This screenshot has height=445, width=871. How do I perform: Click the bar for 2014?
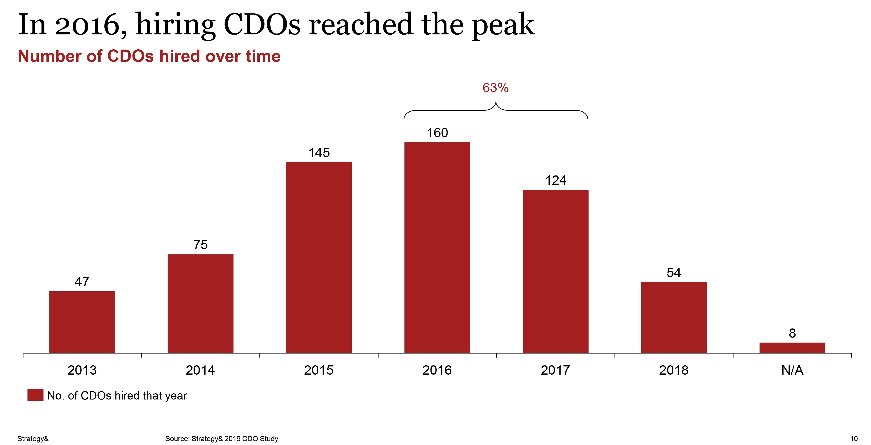tap(201, 304)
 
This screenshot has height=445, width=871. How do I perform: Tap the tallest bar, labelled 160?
tap(437, 247)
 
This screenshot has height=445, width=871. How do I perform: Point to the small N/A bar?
tap(792, 348)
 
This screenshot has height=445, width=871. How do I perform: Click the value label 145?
tap(319, 153)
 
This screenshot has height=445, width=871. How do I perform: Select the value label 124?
tap(556, 180)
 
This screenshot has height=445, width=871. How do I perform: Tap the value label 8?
tap(792, 333)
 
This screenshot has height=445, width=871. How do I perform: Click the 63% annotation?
tap(495, 88)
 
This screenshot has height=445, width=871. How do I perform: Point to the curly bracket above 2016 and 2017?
tap(496, 110)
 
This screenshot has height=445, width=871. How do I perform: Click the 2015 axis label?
tap(319, 370)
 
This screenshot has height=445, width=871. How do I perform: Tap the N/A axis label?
tap(792, 370)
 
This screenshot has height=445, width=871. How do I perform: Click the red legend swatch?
tap(35, 395)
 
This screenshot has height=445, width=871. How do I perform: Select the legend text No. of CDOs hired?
tap(117, 396)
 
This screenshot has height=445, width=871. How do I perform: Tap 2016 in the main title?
tap(87, 25)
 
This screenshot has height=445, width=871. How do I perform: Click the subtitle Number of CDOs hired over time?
tap(149, 56)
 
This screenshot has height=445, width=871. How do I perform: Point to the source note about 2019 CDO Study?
tap(221, 439)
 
